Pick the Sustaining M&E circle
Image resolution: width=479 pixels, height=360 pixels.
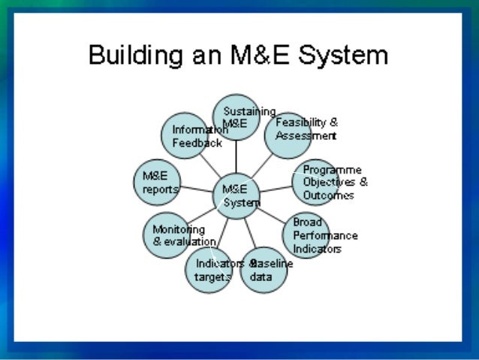tap(236, 117)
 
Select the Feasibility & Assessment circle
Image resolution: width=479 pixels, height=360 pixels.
tap(288, 135)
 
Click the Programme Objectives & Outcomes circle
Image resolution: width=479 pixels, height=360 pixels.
tap(315, 183)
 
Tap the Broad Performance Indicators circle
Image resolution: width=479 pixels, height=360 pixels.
tap(306, 235)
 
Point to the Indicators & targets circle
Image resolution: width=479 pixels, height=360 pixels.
tap(209, 271)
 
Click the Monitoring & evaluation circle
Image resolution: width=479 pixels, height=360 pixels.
tap(167, 235)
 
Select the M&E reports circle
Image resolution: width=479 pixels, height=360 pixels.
tap(155, 183)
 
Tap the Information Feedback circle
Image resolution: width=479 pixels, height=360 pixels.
tap(184, 135)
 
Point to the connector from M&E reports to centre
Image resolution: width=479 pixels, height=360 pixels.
tap(197, 189)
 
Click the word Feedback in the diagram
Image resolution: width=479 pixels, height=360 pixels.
tap(197, 143)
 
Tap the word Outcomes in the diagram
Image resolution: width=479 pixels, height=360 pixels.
tap(328, 195)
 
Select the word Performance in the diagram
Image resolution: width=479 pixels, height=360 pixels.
tap(325, 235)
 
